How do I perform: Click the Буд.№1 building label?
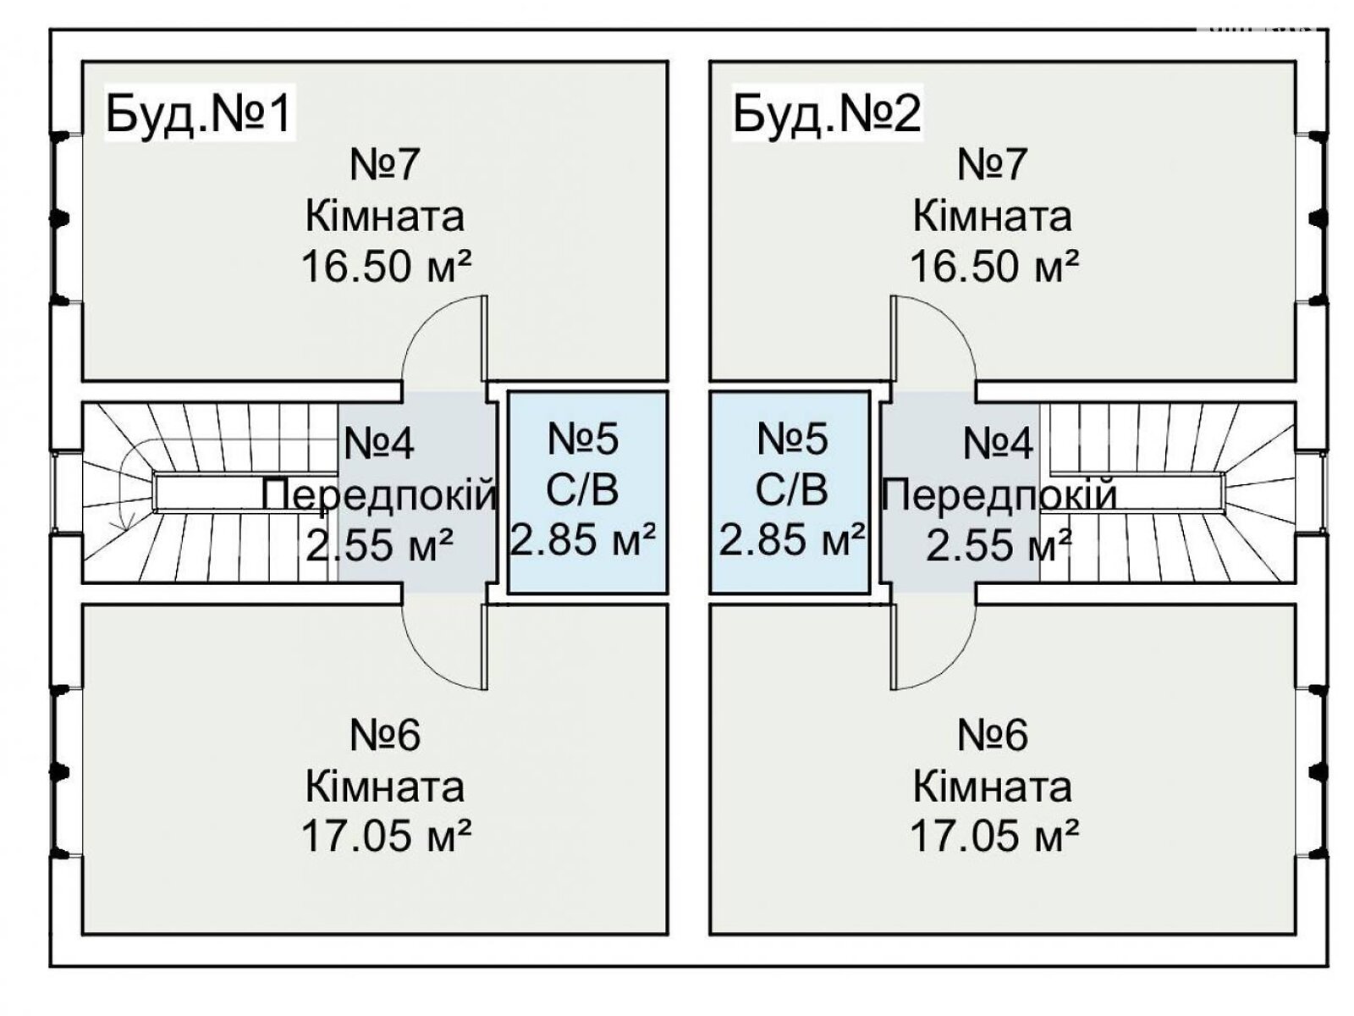[x=199, y=113]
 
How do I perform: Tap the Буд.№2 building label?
[x=827, y=113]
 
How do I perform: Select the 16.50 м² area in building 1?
[x=386, y=267]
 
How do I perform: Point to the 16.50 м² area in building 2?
[x=993, y=267]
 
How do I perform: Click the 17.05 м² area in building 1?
[x=386, y=837]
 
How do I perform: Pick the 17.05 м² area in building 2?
[x=993, y=837]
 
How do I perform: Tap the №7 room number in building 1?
[x=385, y=163]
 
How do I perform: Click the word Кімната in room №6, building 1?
[x=385, y=787]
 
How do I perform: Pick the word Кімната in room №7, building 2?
[x=993, y=216]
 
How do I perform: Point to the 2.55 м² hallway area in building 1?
[x=378, y=545]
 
